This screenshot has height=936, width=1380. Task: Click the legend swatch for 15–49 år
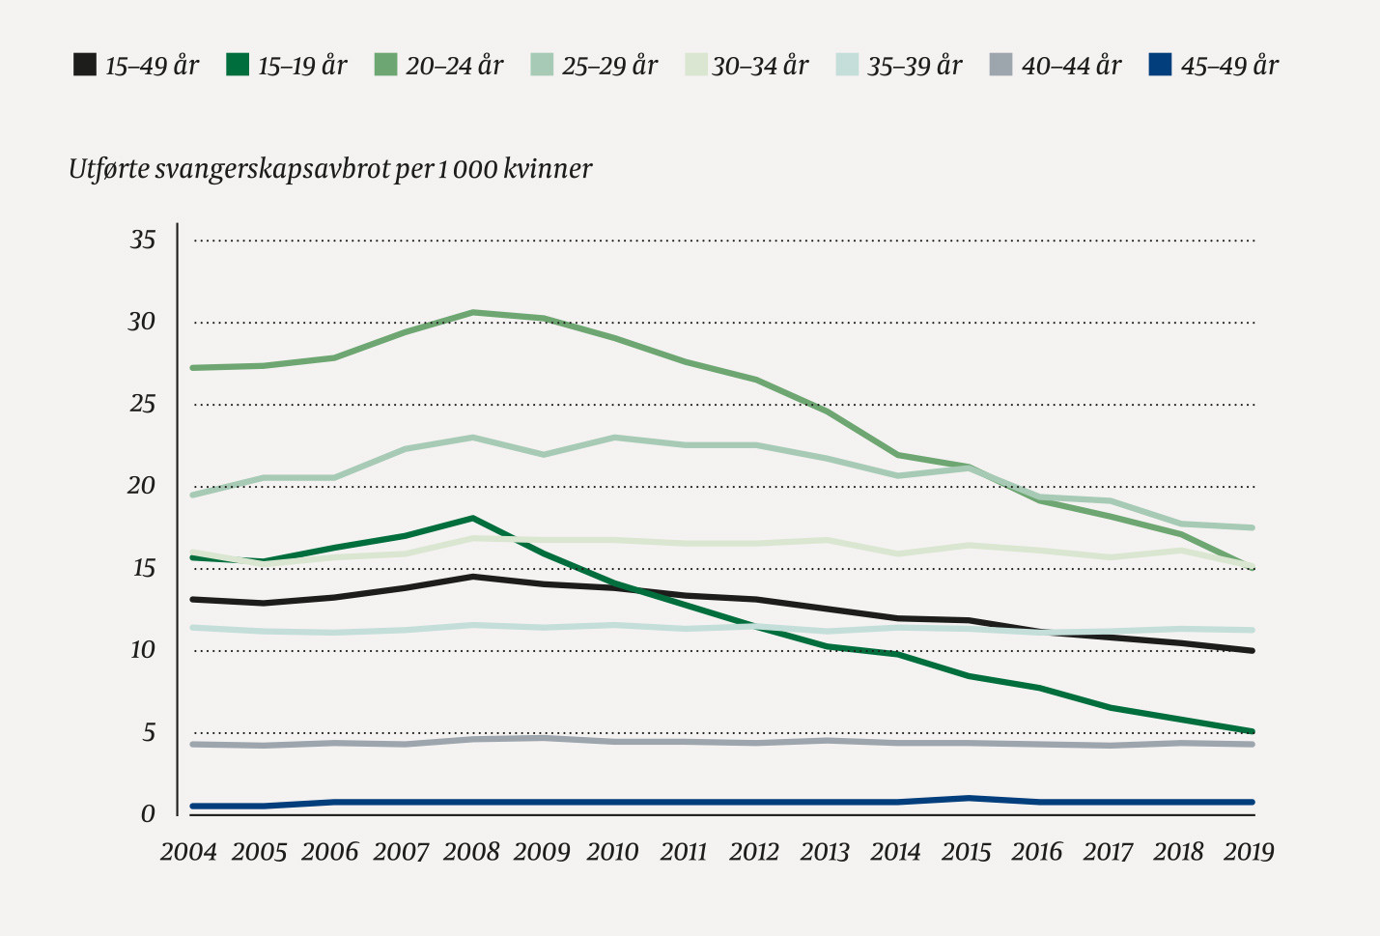click(85, 66)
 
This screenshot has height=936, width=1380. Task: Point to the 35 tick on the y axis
click(143, 240)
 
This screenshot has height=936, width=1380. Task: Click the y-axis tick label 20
click(142, 486)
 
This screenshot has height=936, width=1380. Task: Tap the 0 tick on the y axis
click(148, 814)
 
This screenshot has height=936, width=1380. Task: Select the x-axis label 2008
click(471, 852)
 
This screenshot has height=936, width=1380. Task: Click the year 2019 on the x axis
click(1249, 852)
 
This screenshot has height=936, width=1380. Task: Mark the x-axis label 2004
click(188, 852)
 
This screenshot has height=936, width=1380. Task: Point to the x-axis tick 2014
click(895, 852)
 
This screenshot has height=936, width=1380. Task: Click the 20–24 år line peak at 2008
click(473, 312)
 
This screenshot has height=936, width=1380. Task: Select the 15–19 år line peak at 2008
click(472, 518)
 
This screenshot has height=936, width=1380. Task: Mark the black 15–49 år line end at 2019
click(1252, 651)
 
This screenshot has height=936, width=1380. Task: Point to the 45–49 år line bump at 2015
click(968, 798)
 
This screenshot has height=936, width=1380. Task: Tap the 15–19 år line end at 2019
click(1252, 731)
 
